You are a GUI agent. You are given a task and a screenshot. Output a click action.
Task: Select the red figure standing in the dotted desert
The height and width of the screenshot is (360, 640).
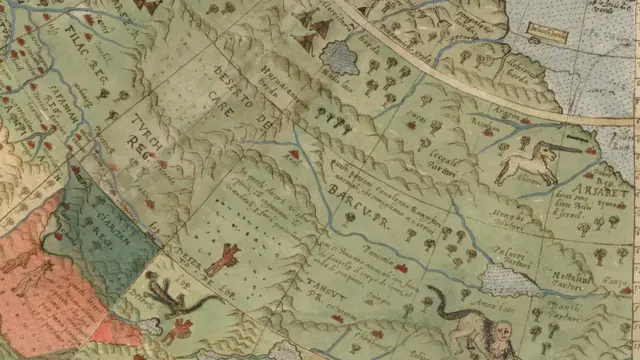click(223, 258)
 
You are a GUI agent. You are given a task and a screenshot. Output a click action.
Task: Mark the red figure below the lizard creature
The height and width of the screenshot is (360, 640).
click(180, 329)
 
